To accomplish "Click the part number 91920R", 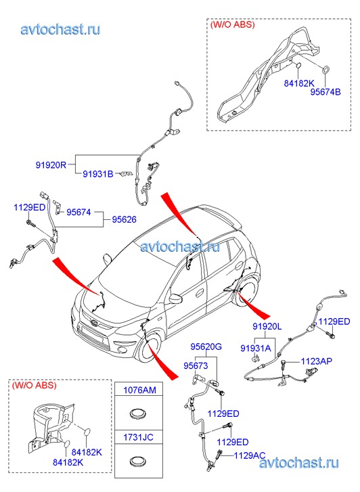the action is tap(51, 164).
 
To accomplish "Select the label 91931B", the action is tap(98, 173).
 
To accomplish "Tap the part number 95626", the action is tap(125, 219).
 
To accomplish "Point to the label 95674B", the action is tap(325, 92).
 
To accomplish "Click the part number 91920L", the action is tap(267, 326).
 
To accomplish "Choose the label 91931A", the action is tap(256, 348).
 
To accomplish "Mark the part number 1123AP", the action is tap(317, 361).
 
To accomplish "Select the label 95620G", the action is tap(206, 346).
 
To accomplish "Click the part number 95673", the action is tap(196, 365).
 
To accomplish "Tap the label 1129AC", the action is tap(250, 455).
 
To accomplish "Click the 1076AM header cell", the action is tap(139, 389).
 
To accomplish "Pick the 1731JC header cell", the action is tap(139, 437).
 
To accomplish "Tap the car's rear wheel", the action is tap(247, 291).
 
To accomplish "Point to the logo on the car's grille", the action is tap(92, 323).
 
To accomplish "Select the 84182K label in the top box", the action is tap(299, 83).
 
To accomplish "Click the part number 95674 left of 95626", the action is tap(78, 213).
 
